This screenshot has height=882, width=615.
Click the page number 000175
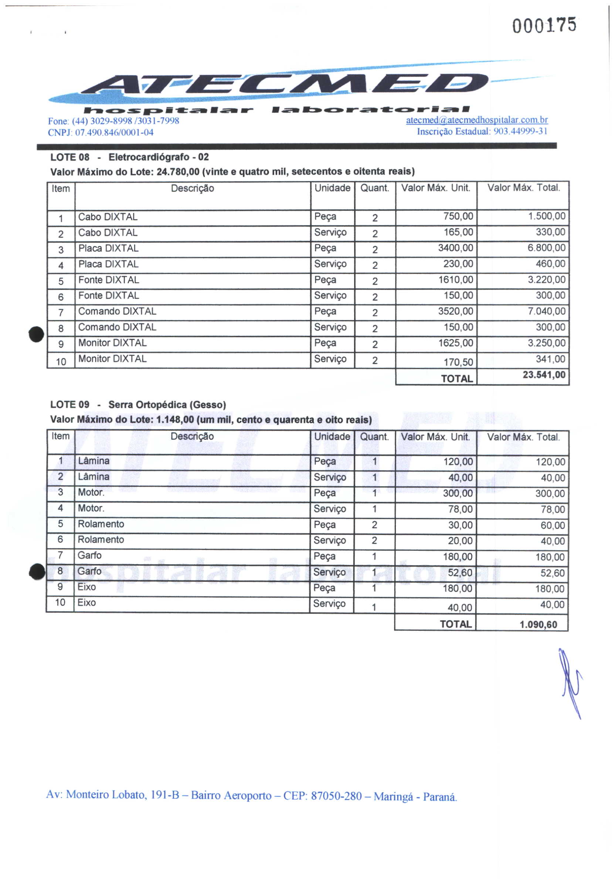pyautogui.click(x=544, y=26)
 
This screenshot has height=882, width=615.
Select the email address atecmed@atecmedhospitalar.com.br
pyautogui.click(x=476, y=120)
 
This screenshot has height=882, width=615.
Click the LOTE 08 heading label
pyautogui.click(x=70, y=157)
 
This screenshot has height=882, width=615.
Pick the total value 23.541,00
pyautogui.click(x=544, y=375)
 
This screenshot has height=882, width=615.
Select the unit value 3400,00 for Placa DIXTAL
pyautogui.click(x=455, y=248)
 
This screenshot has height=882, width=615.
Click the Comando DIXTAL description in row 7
pyautogui.click(x=117, y=311)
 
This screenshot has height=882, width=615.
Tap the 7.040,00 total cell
pyautogui.click(x=546, y=311)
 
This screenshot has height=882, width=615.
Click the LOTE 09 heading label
pyautogui.click(x=70, y=405)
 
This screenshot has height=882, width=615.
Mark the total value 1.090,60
pyautogui.click(x=538, y=625)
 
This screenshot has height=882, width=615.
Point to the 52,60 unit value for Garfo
pyautogui.click(x=459, y=573)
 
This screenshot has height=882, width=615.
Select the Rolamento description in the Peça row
pyautogui.click(x=101, y=524)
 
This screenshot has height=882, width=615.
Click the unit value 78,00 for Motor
pyautogui.click(x=460, y=509)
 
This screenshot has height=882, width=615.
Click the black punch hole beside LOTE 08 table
pyautogui.click(x=37, y=334)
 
